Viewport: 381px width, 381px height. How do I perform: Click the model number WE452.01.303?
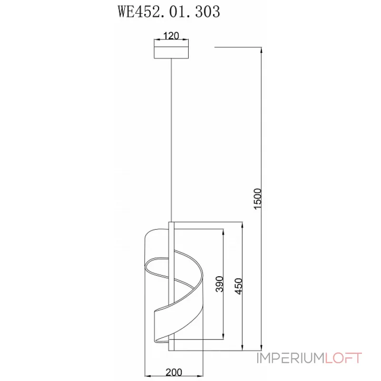pyautogui.click(x=169, y=11)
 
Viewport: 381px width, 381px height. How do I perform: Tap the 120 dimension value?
pyautogui.click(x=171, y=35)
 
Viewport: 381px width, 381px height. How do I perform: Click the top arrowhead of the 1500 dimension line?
pyautogui.click(x=262, y=50)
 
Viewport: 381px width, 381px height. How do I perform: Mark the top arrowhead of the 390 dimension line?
pyautogui.click(x=223, y=231)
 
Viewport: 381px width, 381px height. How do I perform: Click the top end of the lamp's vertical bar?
pyautogui.click(x=171, y=222)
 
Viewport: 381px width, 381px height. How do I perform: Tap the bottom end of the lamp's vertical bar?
pyautogui.click(x=171, y=351)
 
